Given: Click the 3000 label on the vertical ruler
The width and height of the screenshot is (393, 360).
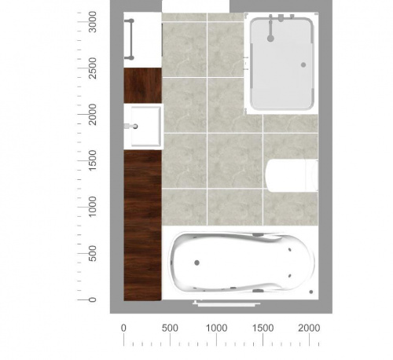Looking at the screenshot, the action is [93, 22].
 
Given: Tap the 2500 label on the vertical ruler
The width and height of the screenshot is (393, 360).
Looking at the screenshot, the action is [93, 68].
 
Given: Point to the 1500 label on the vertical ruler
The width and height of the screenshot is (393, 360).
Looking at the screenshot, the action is [93, 160].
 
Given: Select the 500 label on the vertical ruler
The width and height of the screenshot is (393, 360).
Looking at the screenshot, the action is [93, 253].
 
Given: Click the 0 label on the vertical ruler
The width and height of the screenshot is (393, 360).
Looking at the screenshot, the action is [93, 299].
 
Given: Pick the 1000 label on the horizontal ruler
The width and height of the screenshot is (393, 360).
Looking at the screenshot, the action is [216, 328].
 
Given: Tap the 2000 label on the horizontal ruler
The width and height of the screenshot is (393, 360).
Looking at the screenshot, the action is [309, 328].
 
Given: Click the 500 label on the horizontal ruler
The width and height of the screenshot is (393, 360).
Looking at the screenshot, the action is [170, 328].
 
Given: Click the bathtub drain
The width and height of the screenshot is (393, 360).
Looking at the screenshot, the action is [196, 263].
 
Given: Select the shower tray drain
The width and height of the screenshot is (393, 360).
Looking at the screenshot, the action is [303, 64].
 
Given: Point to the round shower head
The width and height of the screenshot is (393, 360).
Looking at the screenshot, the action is [270, 39].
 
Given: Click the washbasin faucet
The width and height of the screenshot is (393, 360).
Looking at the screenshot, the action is [130, 127].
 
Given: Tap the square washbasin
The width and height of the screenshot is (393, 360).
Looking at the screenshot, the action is [146, 127].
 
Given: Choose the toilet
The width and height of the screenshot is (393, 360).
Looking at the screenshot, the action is [292, 175].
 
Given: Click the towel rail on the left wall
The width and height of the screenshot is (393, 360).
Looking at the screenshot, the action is [130, 39].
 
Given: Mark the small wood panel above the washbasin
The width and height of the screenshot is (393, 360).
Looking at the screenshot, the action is [142, 86].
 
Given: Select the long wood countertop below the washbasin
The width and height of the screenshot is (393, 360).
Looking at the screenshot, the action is [142, 226].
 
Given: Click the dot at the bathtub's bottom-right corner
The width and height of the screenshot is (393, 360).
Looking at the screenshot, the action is [311, 292].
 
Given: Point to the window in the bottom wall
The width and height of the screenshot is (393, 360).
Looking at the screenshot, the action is [226, 303].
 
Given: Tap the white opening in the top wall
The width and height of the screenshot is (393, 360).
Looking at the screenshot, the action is [196, 6].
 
